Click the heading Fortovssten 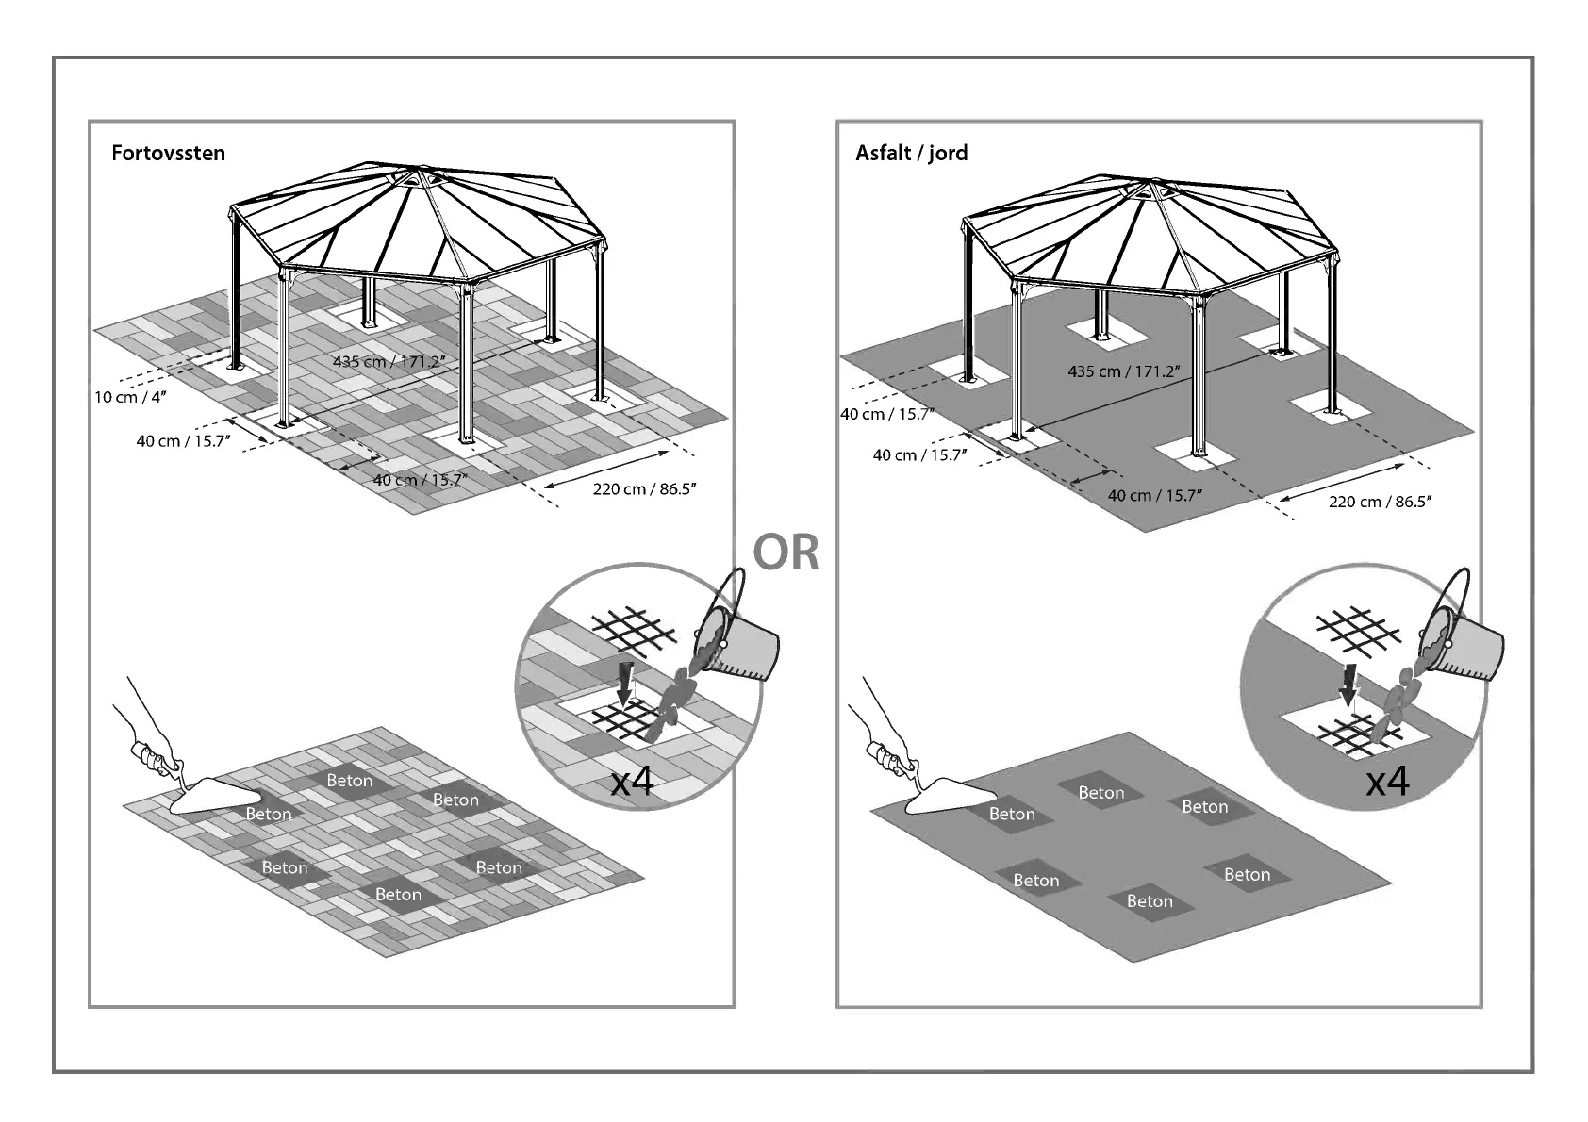click(x=168, y=153)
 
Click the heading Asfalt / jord click(x=911, y=153)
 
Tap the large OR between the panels click(x=786, y=553)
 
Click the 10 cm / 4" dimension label click(x=130, y=397)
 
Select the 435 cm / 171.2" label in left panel click(x=389, y=361)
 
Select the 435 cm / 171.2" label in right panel click(x=1123, y=371)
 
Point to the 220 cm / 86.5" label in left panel click(x=644, y=488)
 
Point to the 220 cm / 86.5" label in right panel click(x=1380, y=501)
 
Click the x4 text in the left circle click(x=632, y=782)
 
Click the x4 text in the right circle click(x=1387, y=781)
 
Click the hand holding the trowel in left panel click(x=153, y=750)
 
